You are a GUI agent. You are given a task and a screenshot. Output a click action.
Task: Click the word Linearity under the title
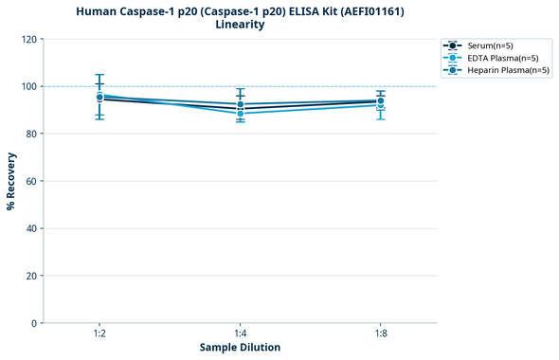coord(240,25)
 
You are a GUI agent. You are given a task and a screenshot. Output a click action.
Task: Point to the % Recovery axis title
coord(11,181)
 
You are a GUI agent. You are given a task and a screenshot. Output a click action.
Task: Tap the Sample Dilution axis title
coord(240,348)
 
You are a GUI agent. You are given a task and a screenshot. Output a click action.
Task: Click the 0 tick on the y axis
coord(33,323)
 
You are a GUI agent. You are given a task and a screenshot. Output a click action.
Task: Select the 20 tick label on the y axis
coord(30,276)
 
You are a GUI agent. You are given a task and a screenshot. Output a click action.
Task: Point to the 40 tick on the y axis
coord(30,228)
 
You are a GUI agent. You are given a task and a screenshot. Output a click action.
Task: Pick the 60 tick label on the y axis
coord(30,181)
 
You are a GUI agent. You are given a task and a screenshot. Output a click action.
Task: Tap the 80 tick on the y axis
coord(30,134)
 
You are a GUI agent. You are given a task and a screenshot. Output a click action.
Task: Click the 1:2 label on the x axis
coord(99,333)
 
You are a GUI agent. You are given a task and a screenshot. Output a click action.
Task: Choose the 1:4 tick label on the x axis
coord(240,333)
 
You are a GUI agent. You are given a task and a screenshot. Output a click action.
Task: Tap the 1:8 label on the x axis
coord(380,333)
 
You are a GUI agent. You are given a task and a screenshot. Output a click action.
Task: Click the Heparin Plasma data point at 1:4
coord(240,104)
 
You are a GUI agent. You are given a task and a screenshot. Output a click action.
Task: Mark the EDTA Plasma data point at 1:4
coord(240,114)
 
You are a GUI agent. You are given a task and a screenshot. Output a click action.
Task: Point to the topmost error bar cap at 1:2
coord(99,75)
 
